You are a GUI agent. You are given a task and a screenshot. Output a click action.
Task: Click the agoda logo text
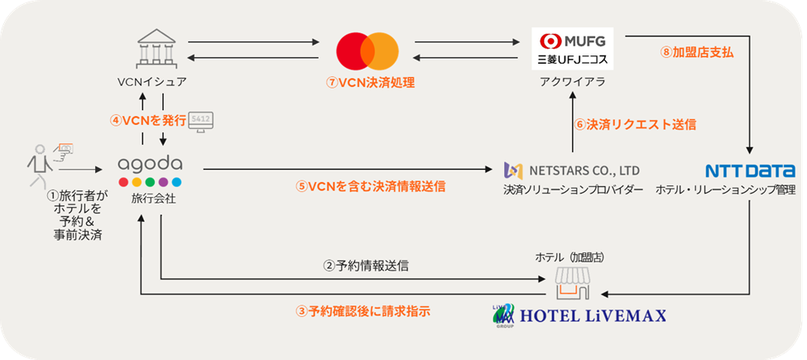point(151,164)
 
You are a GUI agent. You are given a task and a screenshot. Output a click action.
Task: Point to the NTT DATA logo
point(750,171)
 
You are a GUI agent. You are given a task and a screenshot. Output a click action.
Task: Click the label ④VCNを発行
point(147,119)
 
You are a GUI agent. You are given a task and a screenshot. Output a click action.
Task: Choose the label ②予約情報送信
point(365,266)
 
